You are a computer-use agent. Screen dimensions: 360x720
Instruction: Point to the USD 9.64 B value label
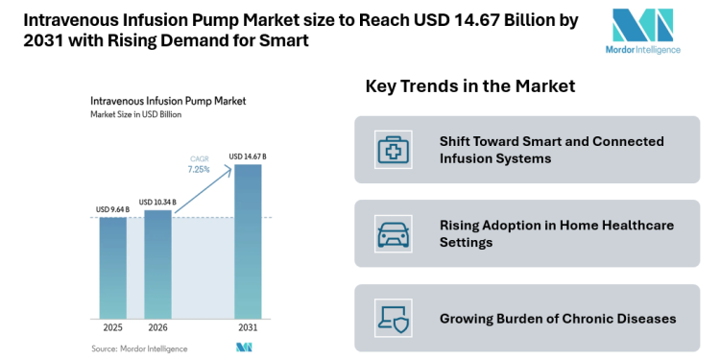(113, 209)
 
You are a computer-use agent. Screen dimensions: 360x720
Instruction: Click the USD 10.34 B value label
(157, 202)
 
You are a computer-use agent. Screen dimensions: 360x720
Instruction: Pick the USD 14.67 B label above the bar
(248, 156)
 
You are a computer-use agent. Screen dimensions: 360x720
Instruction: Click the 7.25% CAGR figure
(198, 169)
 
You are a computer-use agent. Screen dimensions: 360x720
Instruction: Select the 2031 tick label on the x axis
(248, 328)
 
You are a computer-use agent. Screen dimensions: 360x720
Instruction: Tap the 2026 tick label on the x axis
(157, 328)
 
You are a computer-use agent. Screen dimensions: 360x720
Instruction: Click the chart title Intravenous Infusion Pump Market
(167, 100)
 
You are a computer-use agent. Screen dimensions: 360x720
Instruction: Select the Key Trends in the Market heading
(469, 86)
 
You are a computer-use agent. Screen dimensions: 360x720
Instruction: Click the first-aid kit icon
(393, 149)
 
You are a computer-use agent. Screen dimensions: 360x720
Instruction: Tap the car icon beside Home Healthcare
(393, 233)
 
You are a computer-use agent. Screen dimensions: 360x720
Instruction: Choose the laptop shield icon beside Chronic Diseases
(393, 318)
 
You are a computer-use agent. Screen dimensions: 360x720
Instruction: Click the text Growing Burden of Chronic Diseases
(558, 318)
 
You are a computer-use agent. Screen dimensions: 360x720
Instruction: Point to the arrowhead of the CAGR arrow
(231, 167)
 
